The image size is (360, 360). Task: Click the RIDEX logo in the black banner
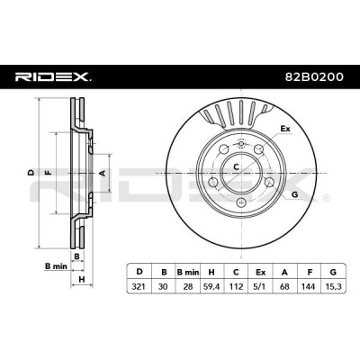tap(53, 77)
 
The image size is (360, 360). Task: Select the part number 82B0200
tap(314, 77)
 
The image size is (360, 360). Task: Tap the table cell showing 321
tap(139, 287)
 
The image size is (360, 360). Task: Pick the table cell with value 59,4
tap(211, 287)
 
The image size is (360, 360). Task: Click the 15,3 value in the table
tap(333, 287)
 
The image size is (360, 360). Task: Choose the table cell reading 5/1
tap(260, 287)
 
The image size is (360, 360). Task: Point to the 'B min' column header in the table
tap(188, 273)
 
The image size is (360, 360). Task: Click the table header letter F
tap(310, 273)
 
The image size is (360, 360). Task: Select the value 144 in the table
tap(309, 287)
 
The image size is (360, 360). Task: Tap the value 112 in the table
tap(236, 287)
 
